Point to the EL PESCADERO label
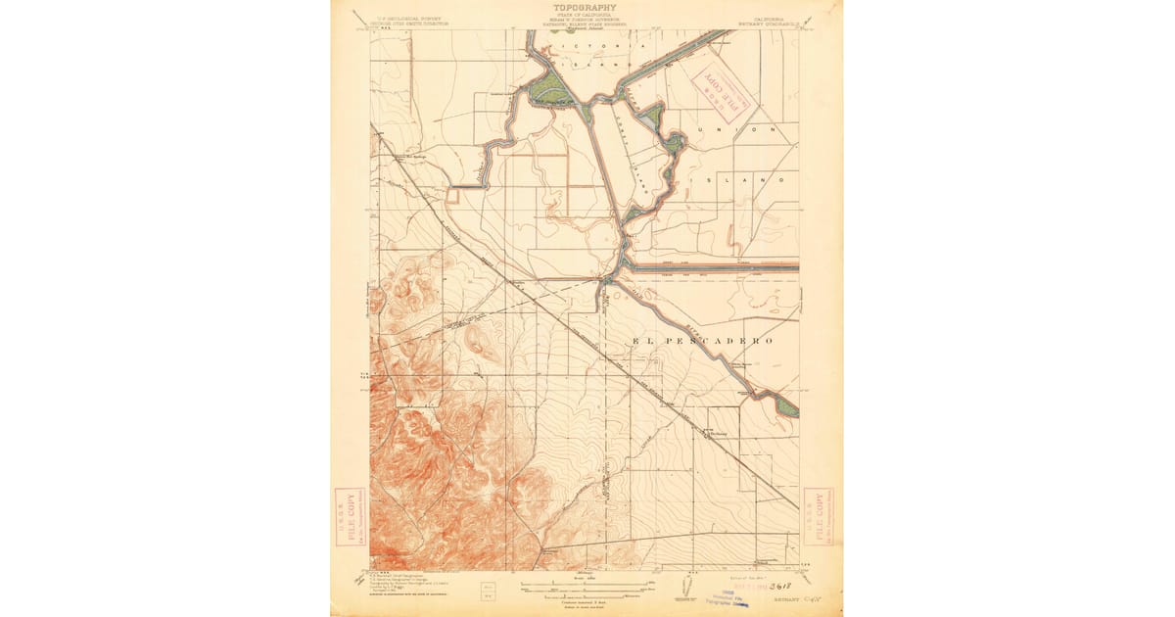(703, 341)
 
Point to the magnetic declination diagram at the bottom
(684, 588)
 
